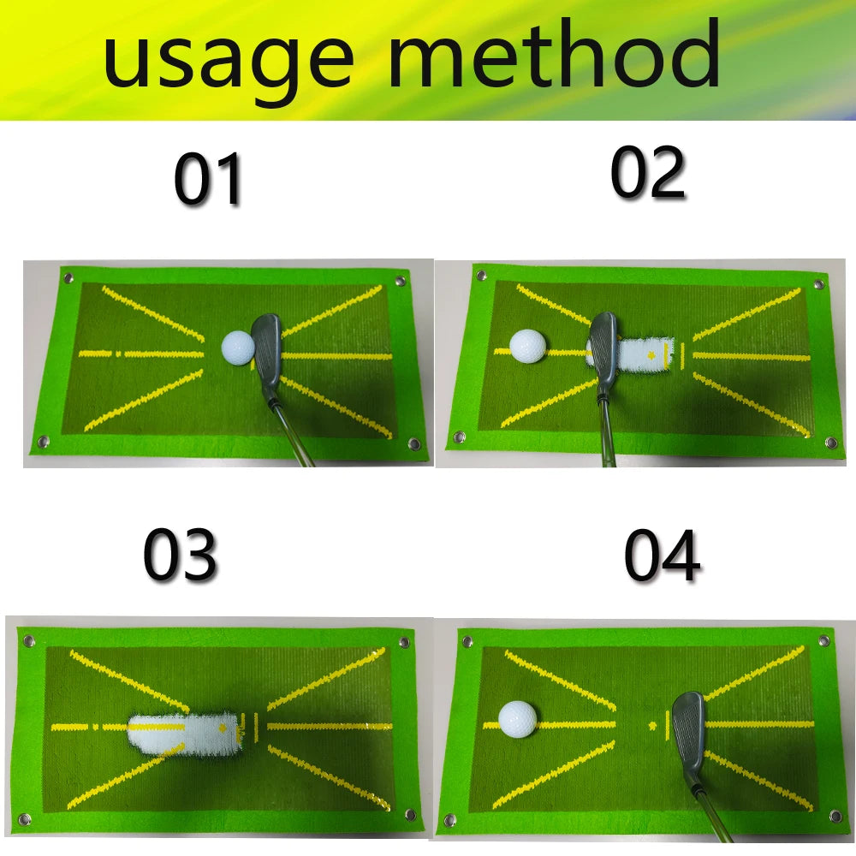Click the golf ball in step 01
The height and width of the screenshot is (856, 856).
point(238,346)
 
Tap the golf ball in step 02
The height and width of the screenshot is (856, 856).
point(527,346)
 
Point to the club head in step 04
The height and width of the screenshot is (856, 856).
point(688,728)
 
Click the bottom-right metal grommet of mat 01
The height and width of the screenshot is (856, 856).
point(414,443)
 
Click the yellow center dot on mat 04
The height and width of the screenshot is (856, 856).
point(653,725)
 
